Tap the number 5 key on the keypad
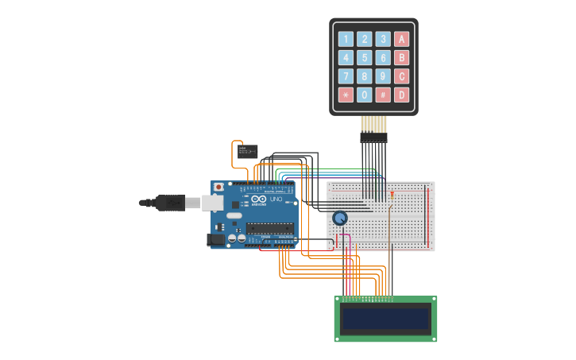364,58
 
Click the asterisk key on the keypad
346,95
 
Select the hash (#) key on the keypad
383,95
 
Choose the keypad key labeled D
402,95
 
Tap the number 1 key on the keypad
346,39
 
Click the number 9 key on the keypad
383,76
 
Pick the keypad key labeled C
402,76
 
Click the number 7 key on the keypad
346,76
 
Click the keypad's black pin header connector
373,137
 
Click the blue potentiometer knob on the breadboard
340,219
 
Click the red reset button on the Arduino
218,187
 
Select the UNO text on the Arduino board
276,199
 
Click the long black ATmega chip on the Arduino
270,228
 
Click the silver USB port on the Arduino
212,203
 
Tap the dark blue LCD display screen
385,319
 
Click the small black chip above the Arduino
248,151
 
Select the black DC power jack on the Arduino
215,239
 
